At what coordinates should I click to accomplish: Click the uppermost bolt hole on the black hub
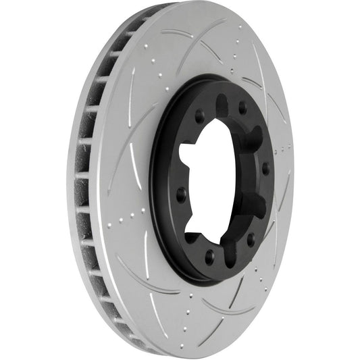(242, 107)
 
